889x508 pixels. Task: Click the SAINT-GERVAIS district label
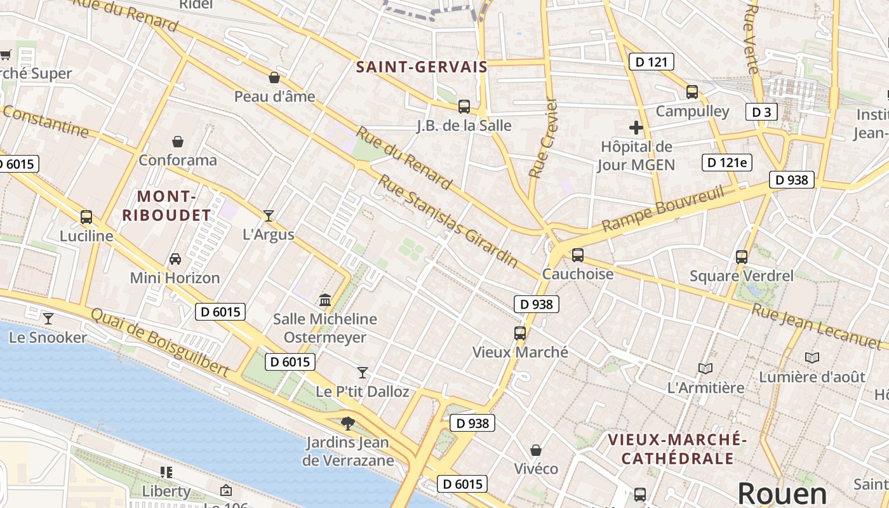[x=422, y=67]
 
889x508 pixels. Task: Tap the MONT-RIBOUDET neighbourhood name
[x=166, y=205]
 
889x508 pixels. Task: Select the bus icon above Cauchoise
[x=577, y=255]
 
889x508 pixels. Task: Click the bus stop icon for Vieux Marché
[x=520, y=333]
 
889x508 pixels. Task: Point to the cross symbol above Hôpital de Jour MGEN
[x=636, y=128]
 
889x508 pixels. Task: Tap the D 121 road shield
[x=651, y=62]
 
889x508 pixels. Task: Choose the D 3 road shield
[x=761, y=112]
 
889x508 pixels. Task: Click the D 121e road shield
[x=727, y=162]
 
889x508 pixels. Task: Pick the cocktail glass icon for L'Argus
[x=269, y=216]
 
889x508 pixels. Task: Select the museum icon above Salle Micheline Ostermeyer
[x=325, y=300]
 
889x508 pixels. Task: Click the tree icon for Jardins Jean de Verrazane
[x=347, y=423]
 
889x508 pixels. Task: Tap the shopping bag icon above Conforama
[x=178, y=141]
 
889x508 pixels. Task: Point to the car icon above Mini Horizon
[x=175, y=259]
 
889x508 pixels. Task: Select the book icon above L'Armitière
[x=705, y=368]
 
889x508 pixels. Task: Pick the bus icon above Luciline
[x=86, y=217]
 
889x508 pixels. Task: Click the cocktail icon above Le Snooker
[x=48, y=318]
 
